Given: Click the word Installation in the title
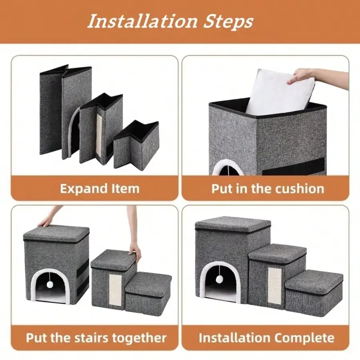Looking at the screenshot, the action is tap(142, 21).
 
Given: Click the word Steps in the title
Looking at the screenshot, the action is tap(229, 22).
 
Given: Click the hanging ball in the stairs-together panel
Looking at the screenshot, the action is tap(50, 285).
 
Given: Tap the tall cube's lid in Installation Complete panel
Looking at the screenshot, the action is tap(233, 224).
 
